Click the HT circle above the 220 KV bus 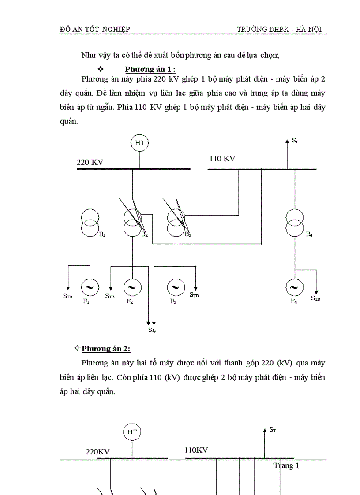pos(140,143)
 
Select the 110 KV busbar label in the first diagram pos(222,159)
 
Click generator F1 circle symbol pos(90,287)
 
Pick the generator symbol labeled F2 pos(132,287)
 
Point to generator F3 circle pos(176,287)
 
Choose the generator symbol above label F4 pos(294,287)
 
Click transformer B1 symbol pos(90,223)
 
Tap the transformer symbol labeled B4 pos(294,223)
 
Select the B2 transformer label pos(144,234)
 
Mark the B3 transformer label pos(187,234)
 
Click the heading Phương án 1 pos(150,69)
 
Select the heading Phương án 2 pos(106,349)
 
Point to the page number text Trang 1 pos(286,465)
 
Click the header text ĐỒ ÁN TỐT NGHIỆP pos(95,30)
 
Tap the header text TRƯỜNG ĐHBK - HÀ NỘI pos(279,30)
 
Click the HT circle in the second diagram pos(132,432)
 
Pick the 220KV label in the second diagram pos(97,452)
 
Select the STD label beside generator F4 pos(315,298)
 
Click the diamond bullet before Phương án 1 pos(100,69)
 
